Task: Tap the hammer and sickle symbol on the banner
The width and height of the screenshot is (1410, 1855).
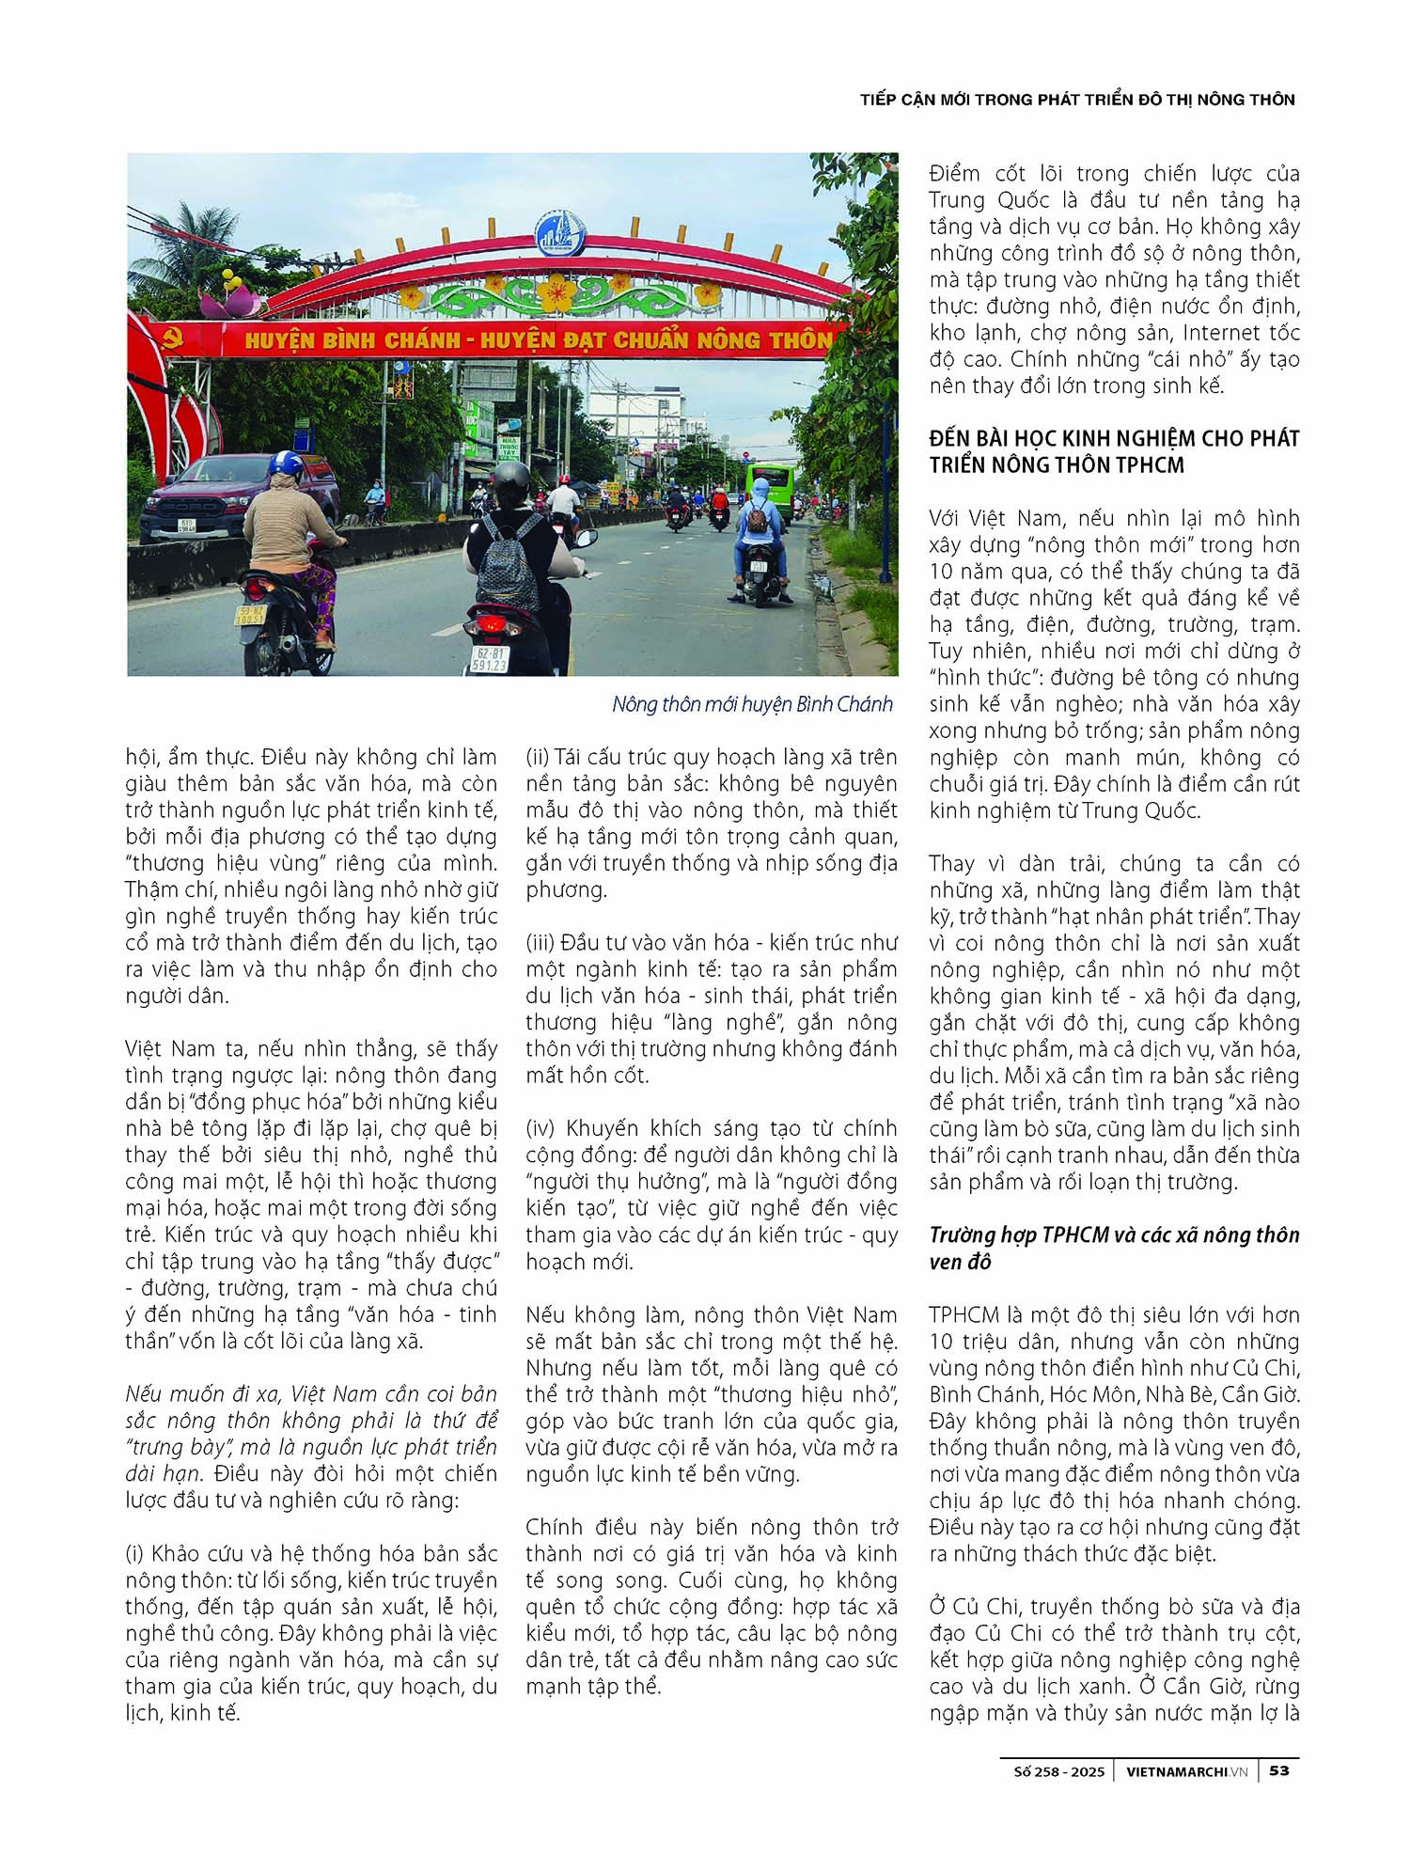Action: coord(173,338)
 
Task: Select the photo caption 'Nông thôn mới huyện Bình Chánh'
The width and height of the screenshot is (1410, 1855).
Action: coord(751,704)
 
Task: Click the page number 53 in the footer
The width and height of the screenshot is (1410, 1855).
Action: coord(1279,1770)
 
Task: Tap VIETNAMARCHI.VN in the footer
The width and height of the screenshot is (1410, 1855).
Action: coord(1186,1771)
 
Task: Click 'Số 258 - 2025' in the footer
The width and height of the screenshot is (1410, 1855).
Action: coord(1058,1771)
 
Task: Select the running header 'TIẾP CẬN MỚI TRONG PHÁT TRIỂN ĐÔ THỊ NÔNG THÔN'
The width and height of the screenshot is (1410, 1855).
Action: coord(1077,100)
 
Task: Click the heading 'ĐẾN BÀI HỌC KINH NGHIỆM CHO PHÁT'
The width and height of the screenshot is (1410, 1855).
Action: coord(1114,438)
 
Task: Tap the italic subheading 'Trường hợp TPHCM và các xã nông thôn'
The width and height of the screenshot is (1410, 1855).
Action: coord(1114,1234)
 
